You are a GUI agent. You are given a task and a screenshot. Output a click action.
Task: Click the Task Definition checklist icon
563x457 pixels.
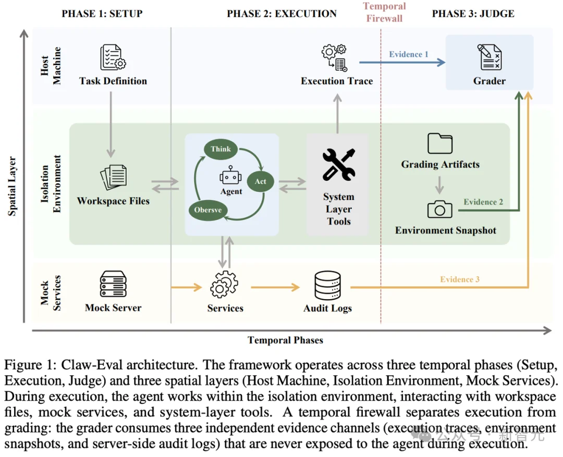113,57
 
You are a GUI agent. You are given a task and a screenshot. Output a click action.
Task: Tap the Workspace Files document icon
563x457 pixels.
114,177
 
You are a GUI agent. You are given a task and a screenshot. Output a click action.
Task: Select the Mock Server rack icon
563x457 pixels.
113,284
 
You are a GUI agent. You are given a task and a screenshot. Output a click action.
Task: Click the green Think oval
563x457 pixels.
221,149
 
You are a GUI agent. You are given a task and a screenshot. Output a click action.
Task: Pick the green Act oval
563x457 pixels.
260,181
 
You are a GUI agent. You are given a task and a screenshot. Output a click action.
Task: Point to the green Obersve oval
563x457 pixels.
208,210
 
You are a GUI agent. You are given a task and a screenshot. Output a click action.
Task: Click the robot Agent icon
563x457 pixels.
230,175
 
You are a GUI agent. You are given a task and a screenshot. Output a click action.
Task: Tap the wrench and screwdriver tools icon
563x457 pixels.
339,165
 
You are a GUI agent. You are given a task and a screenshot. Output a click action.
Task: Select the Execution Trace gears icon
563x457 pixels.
334,58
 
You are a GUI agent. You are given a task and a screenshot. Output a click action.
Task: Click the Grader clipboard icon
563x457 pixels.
489,57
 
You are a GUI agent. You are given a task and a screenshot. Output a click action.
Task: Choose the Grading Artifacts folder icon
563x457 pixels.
440,144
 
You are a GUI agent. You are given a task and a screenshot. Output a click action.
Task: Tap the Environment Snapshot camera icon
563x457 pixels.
440,209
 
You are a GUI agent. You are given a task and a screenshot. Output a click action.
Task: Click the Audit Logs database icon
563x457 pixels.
327,286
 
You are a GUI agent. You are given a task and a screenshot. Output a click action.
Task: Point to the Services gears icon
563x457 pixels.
224,285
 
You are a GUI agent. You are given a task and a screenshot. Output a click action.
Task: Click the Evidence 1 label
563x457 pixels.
409,54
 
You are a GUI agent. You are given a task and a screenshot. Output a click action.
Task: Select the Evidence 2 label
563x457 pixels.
483,202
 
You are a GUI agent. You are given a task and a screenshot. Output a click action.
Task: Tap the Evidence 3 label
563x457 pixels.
460,279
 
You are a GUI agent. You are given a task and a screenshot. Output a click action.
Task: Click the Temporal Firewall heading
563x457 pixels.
384,12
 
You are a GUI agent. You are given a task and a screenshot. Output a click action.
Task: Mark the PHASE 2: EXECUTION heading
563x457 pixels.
282,14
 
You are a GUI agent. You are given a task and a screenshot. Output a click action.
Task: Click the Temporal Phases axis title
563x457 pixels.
286,340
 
